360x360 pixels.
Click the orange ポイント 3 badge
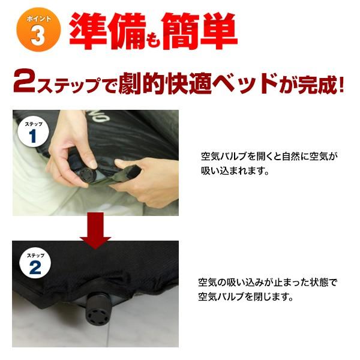[x=38, y=30]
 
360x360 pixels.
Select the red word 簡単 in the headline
[x=199, y=31]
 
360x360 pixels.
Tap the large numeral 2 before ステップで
[x=25, y=82]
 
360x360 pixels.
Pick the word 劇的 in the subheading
[x=142, y=83]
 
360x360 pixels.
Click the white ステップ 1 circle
[x=34, y=132]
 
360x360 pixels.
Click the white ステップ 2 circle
[x=35, y=263]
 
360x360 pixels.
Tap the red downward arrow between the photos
[x=95, y=230]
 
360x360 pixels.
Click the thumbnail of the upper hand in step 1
[x=93, y=163]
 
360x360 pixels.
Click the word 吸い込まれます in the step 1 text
[x=235, y=170]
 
